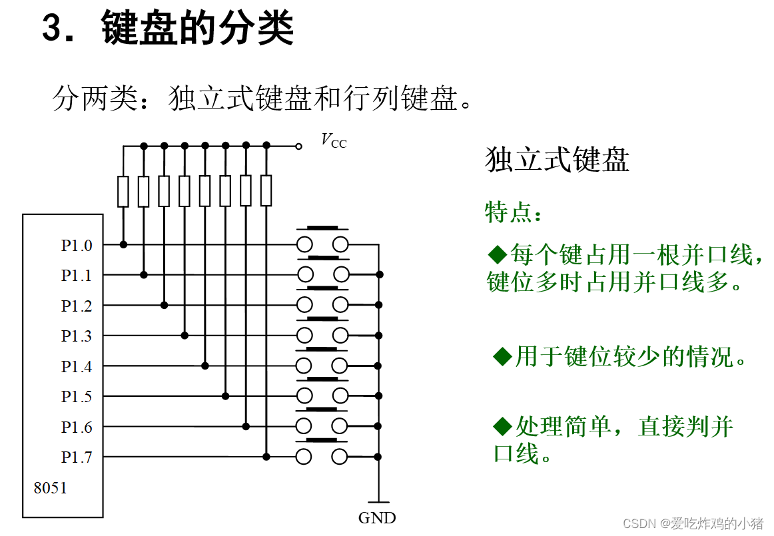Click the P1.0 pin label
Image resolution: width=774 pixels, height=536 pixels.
(x=77, y=245)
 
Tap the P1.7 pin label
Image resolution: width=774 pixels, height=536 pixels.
(x=77, y=457)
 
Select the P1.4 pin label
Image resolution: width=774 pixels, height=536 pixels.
(x=77, y=366)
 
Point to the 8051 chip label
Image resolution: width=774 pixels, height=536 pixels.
(x=51, y=488)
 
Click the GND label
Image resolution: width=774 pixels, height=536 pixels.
(x=377, y=518)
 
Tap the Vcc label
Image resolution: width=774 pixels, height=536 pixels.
(x=333, y=140)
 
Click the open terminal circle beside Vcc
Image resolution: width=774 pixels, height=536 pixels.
(x=299, y=144)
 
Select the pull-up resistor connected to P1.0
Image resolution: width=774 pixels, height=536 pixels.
(x=123, y=191)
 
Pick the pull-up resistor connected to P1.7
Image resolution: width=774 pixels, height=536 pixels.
(x=266, y=191)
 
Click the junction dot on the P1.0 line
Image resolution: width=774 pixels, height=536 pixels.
(x=123, y=244)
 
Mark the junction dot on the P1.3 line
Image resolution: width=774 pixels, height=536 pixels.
(x=185, y=335)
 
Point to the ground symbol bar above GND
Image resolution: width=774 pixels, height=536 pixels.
(x=378, y=502)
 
